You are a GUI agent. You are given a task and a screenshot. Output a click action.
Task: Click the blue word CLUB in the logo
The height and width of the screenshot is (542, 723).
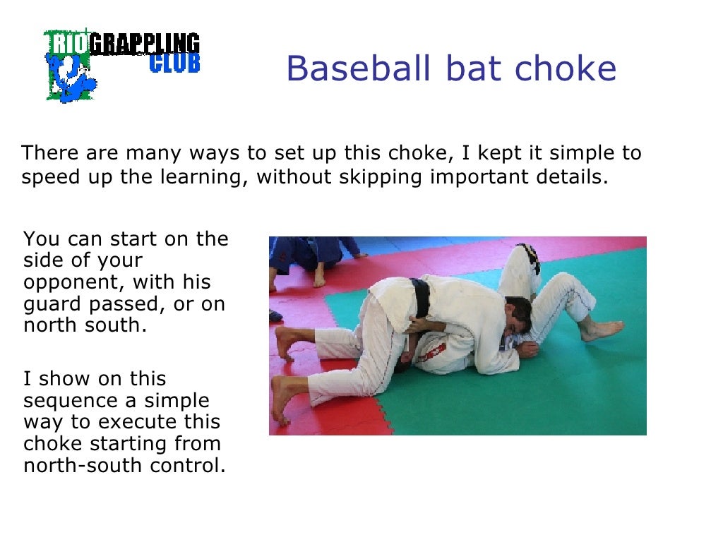[174, 64]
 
